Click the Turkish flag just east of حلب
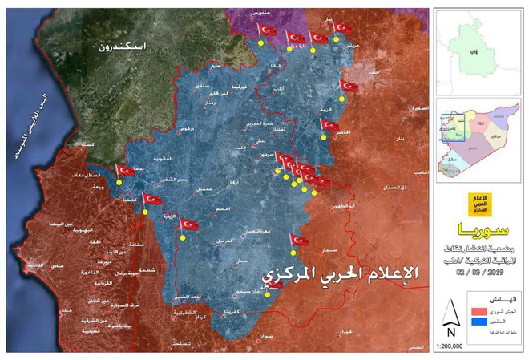tap(349, 86)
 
